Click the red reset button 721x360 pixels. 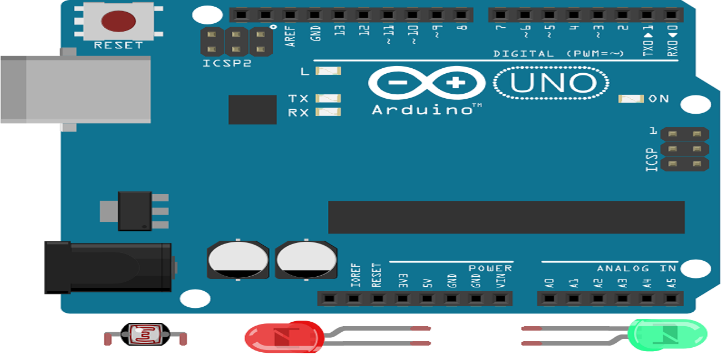118,21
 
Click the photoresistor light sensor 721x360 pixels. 145,335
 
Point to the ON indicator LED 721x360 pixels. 631,99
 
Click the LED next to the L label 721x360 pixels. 328,71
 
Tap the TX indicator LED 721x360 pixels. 328,98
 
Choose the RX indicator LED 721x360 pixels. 328,112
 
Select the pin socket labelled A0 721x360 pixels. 549,299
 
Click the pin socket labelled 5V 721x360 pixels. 427,299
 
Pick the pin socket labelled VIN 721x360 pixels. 500,299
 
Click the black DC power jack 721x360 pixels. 108,267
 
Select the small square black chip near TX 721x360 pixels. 252,109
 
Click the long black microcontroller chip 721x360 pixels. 506,217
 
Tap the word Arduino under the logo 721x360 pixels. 422,109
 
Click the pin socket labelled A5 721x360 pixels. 671,299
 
